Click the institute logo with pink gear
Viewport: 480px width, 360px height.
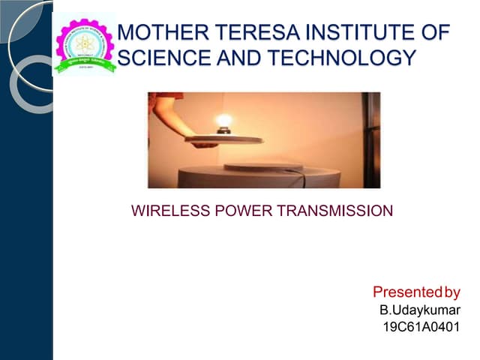[x=85, y=43]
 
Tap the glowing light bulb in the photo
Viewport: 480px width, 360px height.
[x=223, y=122]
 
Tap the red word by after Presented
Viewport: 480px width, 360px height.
[x=452, y=292]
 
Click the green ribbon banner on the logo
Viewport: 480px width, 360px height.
[x=85, y=64]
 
